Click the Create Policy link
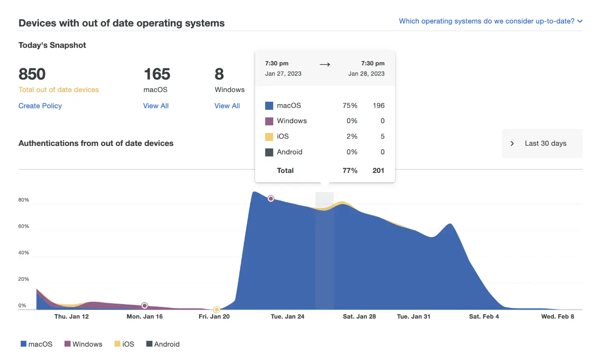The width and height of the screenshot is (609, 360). [x=40, y=106]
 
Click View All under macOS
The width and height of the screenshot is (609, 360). [x=156, y=106]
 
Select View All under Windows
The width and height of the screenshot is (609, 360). [x=227, y=106]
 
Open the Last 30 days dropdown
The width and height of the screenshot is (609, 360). [x=542, y=144]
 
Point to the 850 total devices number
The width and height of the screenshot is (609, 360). [x=32, y=74]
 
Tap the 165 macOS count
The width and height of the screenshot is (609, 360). [x=157, y=74]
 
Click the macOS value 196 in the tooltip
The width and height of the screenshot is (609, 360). [x=378, y=105]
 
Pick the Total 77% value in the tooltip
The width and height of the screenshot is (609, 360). [x=350, y=171]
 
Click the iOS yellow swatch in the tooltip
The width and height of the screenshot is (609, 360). [x=269, y=137]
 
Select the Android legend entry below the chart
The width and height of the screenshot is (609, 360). [x=163, y=344]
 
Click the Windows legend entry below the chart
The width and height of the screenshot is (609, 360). [x=84, y=344]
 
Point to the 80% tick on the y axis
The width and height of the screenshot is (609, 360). [x=24, y=200]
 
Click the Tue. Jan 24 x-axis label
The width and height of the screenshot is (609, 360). [x=287, y=317]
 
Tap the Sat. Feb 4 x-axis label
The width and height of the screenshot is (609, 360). [x=484, y=317]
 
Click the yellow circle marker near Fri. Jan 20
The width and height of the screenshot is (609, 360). [x=217, y=310]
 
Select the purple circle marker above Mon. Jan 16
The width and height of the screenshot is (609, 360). [x=145, y=306]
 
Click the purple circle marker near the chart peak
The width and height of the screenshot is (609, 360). [x=271, y=199]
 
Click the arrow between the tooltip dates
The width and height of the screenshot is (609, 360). [x=325, y=64]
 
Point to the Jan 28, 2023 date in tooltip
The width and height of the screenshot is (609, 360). [x=366, y=74]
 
